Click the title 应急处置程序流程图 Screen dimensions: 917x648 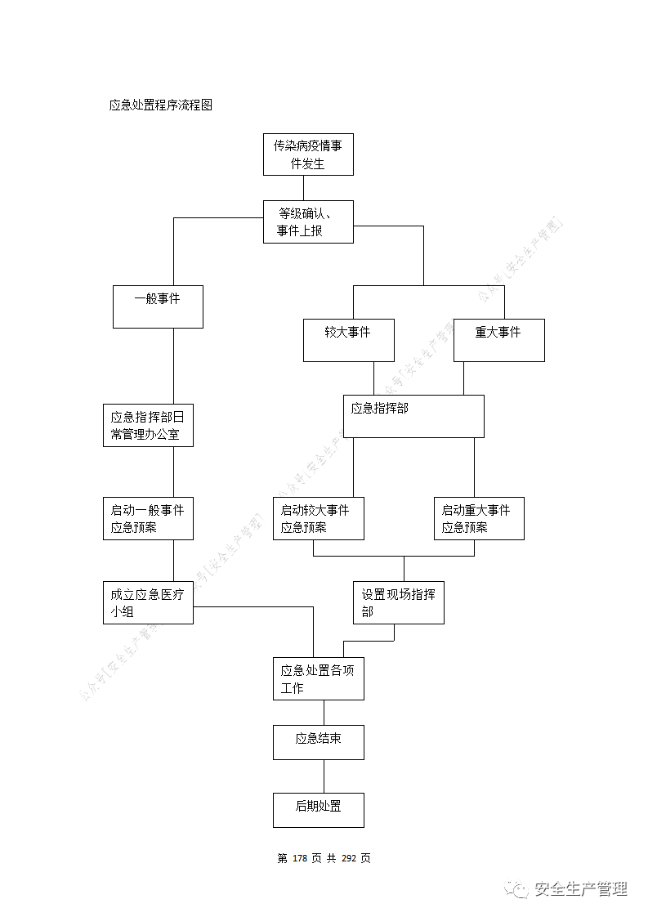click(x=161, y=105)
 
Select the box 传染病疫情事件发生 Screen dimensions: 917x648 click(x=308, y=154)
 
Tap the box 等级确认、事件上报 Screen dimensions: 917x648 click(x=308, y=221)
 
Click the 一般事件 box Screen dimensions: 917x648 click(x=158, y=306)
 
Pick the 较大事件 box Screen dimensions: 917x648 click(x=348, y=340)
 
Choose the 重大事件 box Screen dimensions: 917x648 click(x=498, y=340)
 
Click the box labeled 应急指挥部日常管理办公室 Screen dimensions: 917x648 click(x=148, y=425)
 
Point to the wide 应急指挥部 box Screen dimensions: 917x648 click(x=413, y=416)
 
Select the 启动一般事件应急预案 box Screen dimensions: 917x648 click(x=148, y=518)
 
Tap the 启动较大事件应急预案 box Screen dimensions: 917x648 click(x=318, y=518)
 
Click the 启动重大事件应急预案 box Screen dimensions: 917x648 click(x=479, y=518)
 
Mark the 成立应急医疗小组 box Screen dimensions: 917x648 click(x=148, y=603)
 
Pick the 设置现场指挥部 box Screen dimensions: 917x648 click(x=399, y=603)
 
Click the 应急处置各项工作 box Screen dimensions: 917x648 click(x=318, y=678)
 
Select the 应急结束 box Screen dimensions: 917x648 click(x=318, y=742)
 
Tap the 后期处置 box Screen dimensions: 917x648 click(x=318, y=810)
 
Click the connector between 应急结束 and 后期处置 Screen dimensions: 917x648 click(x=324, y=776)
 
